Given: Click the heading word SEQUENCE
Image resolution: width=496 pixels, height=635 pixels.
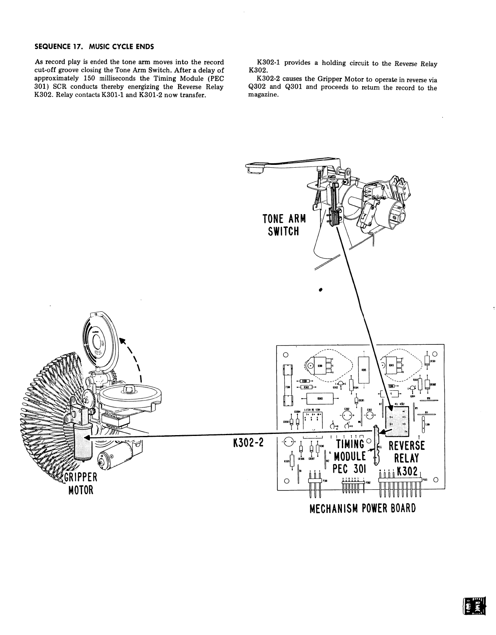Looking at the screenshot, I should tap(51, 46).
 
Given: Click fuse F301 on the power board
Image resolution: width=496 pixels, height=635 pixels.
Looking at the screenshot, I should tap(287, 385).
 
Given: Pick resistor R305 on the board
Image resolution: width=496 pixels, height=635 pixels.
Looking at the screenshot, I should tap(363, 370).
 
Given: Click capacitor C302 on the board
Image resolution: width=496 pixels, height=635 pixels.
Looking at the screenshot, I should tap(347, 416).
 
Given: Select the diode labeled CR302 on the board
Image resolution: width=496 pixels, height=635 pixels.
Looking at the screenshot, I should tap(427, 384).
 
